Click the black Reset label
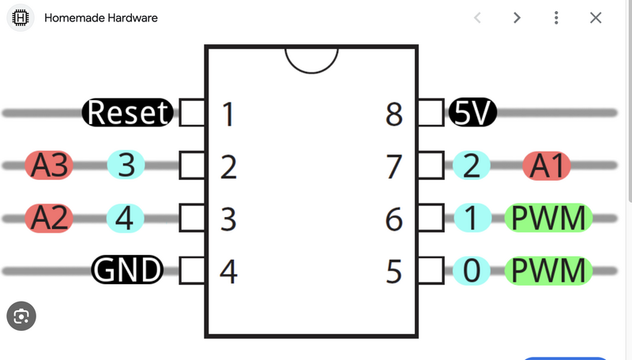(x=128, y=113)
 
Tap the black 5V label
(x=472, y=113)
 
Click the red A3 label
(x=49, y=166)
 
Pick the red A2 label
(x=49, y=219)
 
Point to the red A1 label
(x=547, y=166)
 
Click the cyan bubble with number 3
(x=126, y=166)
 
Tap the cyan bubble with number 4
(x=126, y=219)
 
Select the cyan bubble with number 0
(x=472, y=271)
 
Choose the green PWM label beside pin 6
(x=549, y=219)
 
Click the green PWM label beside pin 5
(x=549, y=271)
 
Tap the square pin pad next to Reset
(x=192, y=113)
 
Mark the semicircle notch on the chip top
(x=311, y=58)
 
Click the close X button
(x=596, y=17)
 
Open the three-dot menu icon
(x=556, y=17)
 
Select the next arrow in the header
(x=517, y=17)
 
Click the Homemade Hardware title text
(x=101, y=17)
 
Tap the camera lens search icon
(x=21, y=317)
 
